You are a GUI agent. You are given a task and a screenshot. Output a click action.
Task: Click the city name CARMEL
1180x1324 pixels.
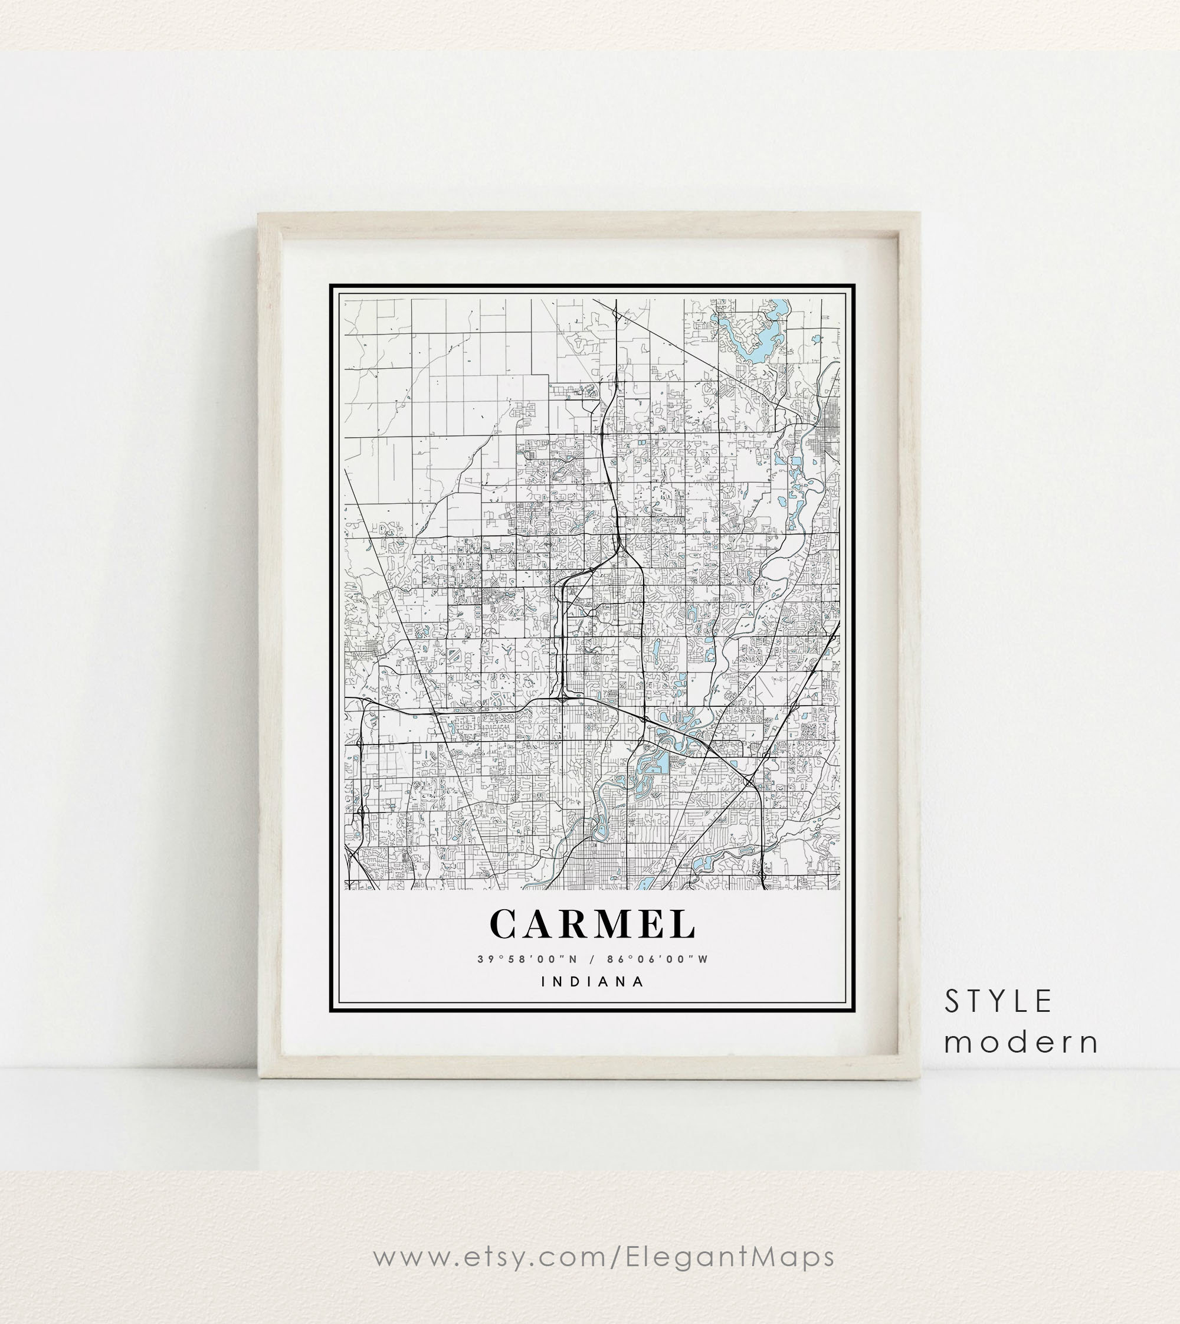click(x=592, y=923)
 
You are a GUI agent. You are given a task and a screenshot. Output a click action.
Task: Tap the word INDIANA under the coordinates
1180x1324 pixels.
click(x=592, y=981)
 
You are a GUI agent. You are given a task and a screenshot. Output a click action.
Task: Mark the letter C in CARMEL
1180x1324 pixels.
click(x=504, y=923)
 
